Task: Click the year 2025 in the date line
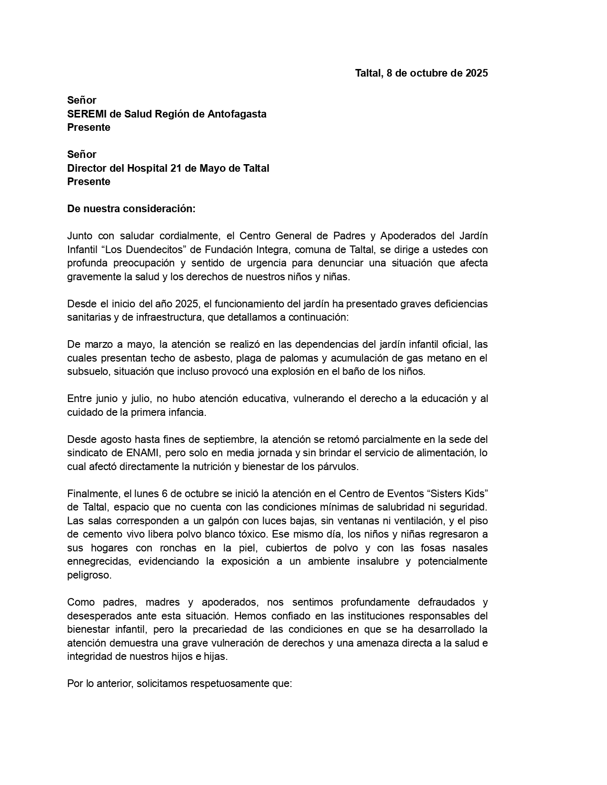click(x=477, y=73)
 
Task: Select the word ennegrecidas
click(x=98, y=561)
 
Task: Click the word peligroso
click(x=89, y=575)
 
